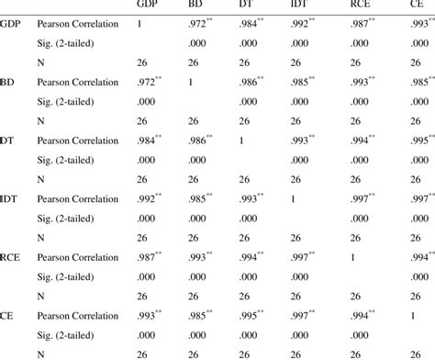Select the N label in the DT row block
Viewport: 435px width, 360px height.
pyautogui.click(x=40, y=179)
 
